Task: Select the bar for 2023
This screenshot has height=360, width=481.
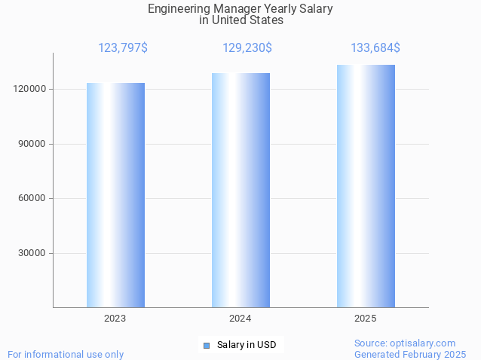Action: tap(115, 195)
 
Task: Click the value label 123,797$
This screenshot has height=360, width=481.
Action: tap(123, 48)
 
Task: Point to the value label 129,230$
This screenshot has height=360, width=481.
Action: tap(247, 48)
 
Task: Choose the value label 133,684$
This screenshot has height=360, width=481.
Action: tap(375, 48)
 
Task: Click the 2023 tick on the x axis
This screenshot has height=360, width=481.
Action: tap(115, 319)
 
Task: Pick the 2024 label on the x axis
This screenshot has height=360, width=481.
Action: tap(240, 319)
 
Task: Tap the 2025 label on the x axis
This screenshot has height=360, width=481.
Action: tap(366, 319)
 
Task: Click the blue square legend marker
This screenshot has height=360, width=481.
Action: tap(206, 345)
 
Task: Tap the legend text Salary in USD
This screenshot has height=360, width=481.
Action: tap(247, 345)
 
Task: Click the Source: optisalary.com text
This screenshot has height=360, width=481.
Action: tap(405, 343)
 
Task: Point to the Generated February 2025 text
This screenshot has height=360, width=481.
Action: tap(410, 354)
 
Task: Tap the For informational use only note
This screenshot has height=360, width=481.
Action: tap(66, 354)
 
